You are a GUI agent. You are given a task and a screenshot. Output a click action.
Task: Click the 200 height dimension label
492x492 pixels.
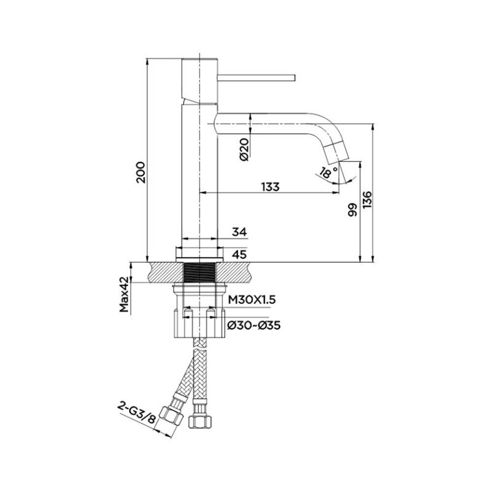pyautogui.click(x=141, y=172)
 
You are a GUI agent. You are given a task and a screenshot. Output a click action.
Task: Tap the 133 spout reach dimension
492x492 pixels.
pyautogui.click(x=270, y=186)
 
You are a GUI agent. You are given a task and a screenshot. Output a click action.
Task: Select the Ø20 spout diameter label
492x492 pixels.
pyautogui.click(x=244, y=150)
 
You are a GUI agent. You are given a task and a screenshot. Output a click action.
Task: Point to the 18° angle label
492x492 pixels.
pyautogui.click(x=329, y=172)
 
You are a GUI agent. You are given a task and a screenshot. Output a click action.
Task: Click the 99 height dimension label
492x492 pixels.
pyautogui.click(x=353, y=210)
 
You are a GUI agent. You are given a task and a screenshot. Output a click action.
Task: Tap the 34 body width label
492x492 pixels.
pyautogui.click(x=240, y=232)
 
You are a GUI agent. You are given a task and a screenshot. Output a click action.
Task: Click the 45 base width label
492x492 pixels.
pyautogui.click(x=240, y=254)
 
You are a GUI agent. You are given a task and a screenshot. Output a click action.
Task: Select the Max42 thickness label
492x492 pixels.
pyautogui.click(x=124, y=294)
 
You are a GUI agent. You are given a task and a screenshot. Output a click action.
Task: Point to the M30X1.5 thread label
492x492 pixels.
pyautogui.click(x=251, y=300)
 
